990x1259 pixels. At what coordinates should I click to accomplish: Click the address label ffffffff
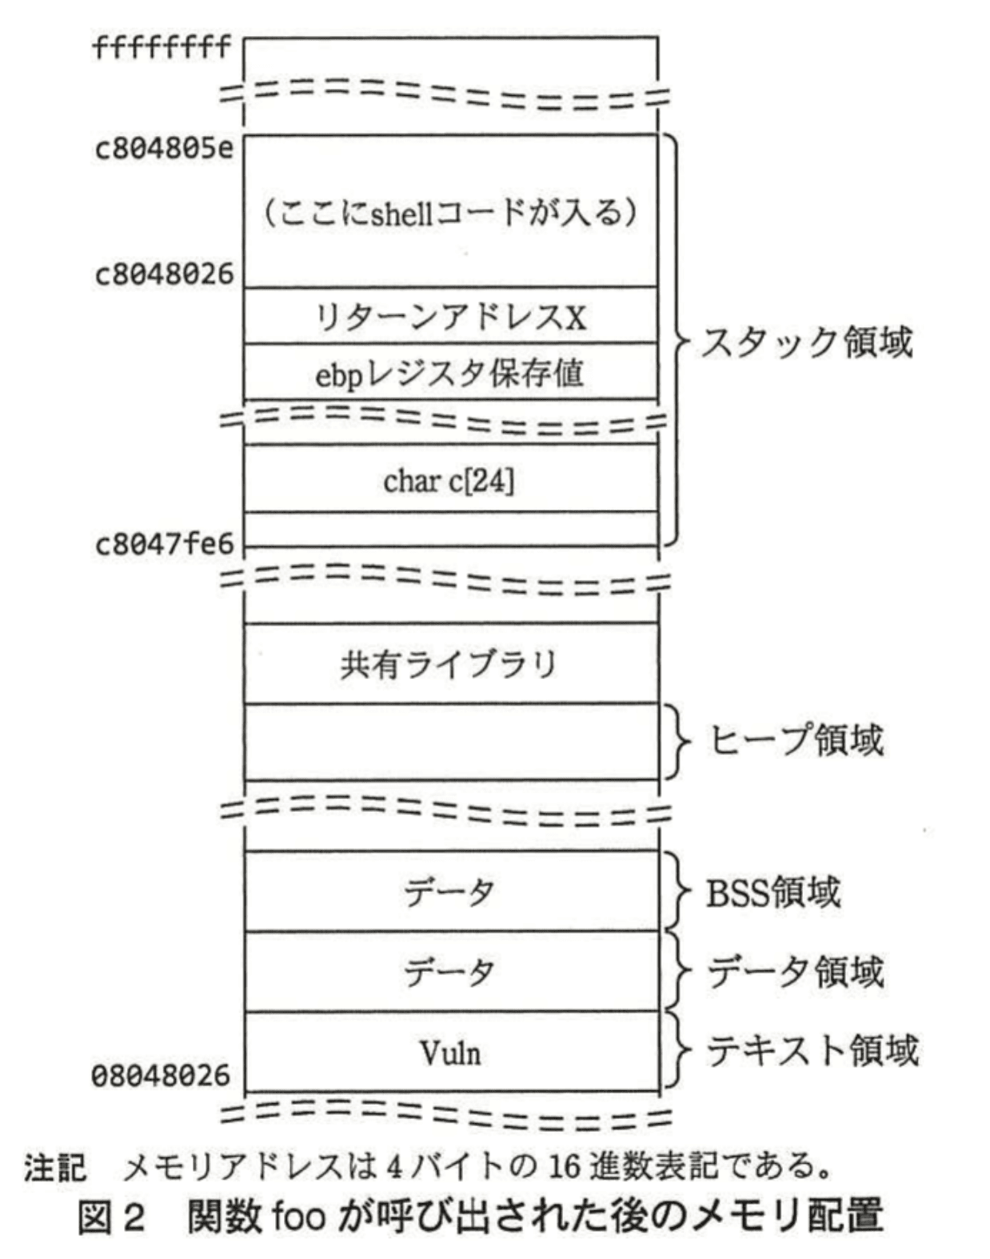click(x=162, y=48)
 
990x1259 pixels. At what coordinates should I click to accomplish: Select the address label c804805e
click(x=164, y=150)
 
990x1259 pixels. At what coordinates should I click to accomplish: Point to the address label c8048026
click(x=164, y=274)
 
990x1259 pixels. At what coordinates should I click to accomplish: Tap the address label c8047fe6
click(x=164, y=545)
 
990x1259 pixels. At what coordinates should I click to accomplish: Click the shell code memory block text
click(x=450, y=213)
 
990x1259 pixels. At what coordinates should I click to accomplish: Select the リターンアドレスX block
click(x=450, y=318)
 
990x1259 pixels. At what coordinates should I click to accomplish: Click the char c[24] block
click(x=449, y=481)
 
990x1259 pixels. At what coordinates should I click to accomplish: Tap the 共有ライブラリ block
click(x=449, y=665)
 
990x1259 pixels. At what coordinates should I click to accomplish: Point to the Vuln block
click(x=451, y=1053)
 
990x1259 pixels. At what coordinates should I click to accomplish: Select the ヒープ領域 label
click(x=796, y=740)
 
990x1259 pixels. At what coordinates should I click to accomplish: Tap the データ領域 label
click(x=796, y=972)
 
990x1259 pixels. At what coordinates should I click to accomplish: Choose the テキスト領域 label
click(x=812, y=1050)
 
